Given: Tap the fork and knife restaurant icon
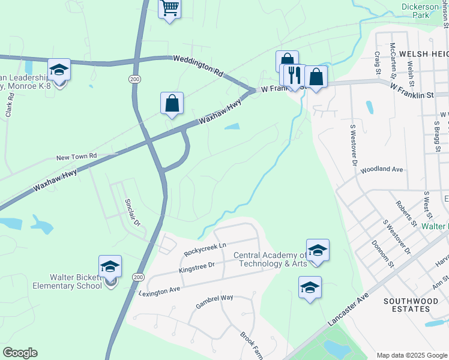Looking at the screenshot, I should [x=294, y=75].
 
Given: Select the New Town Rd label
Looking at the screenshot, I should [x=76, y=157].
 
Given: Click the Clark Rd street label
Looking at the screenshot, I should [x=10, y=104].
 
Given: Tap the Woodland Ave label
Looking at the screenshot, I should [x=381, y=170].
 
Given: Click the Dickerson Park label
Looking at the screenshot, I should [x=424, y=10].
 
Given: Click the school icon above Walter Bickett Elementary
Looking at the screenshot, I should [x=110, y=266].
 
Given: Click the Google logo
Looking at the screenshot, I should [x=20, y=353].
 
